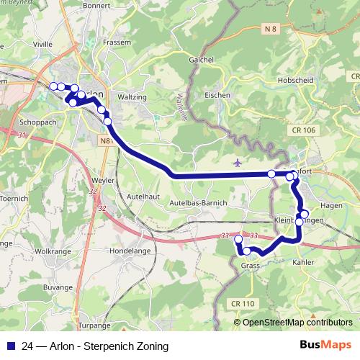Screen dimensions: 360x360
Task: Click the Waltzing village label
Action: [x=132, y=96]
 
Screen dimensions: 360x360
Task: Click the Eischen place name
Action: [x=217, y=95]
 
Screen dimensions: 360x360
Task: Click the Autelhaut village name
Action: [x=141, y=195]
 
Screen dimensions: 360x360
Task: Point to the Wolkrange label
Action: [x=53, y=251]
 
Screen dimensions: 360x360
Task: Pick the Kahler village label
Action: [x=304, y=263]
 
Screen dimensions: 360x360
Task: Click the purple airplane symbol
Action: [x=238, y=163]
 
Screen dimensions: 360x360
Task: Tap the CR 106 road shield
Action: [x=305, y=130]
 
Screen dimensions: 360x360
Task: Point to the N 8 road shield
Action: [x=270, y=28]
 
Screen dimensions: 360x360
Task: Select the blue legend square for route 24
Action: [x=10, y=345]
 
